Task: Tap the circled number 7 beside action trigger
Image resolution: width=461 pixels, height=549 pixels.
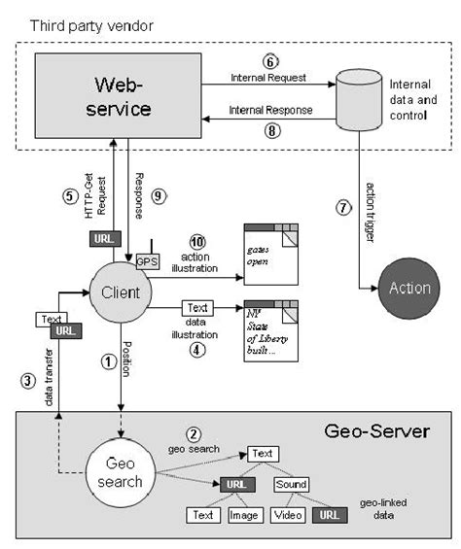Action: [x=342, y=206]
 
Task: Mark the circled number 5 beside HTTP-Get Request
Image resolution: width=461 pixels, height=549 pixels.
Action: [x=69, y=195]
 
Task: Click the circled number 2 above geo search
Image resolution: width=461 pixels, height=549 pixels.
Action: [x=195, y=433]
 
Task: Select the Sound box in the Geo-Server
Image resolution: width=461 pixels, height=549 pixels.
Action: [x=291, y=484]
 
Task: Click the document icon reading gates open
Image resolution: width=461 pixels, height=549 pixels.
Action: [x=269, y=253]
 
